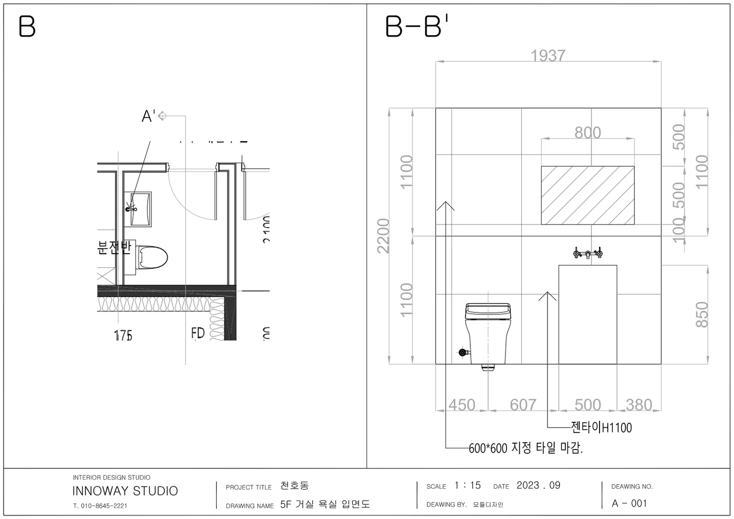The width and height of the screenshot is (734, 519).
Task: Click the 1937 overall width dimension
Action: [547, 55]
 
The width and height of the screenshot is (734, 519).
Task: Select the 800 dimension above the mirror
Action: [587, 132]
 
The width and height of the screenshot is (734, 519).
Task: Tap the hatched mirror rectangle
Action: [587, 195]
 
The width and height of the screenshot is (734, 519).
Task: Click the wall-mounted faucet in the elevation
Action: [587, 253]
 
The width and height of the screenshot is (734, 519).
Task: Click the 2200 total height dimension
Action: [383, 236]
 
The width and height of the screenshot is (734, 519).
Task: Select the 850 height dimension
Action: [702, 314]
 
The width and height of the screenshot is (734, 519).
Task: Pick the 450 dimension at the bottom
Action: [462, 405]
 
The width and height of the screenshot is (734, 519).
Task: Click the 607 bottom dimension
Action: [523, 405]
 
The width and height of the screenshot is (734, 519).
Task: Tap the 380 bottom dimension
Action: [638, 405]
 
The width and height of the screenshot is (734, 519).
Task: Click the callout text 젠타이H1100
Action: [601, 427]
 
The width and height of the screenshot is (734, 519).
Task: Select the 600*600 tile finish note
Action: [525, 448]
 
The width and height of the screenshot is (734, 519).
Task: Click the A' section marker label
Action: [148, 117]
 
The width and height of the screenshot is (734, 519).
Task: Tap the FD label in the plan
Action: [198, 333]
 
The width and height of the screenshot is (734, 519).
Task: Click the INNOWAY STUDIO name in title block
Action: [125, 491]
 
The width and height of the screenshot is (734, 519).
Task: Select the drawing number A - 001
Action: [629, 503]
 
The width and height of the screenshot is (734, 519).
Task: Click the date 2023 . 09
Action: [538, 485]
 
